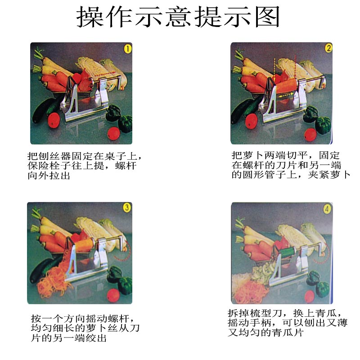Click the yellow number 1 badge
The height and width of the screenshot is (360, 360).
coord(128,49)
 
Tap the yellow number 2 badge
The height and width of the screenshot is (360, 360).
coord(329,48)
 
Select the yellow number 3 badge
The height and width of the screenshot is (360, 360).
coord(127,207)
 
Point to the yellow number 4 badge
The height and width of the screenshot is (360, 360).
coord(327,209)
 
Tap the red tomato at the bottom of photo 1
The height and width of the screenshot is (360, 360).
coord(114,134)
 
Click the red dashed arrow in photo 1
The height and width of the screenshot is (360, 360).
coord(105,74)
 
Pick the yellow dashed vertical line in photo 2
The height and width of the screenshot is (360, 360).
coord(274,71)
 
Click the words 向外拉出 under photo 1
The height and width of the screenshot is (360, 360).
coord(49,175)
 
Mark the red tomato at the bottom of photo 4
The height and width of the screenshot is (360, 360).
coord(309,297)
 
